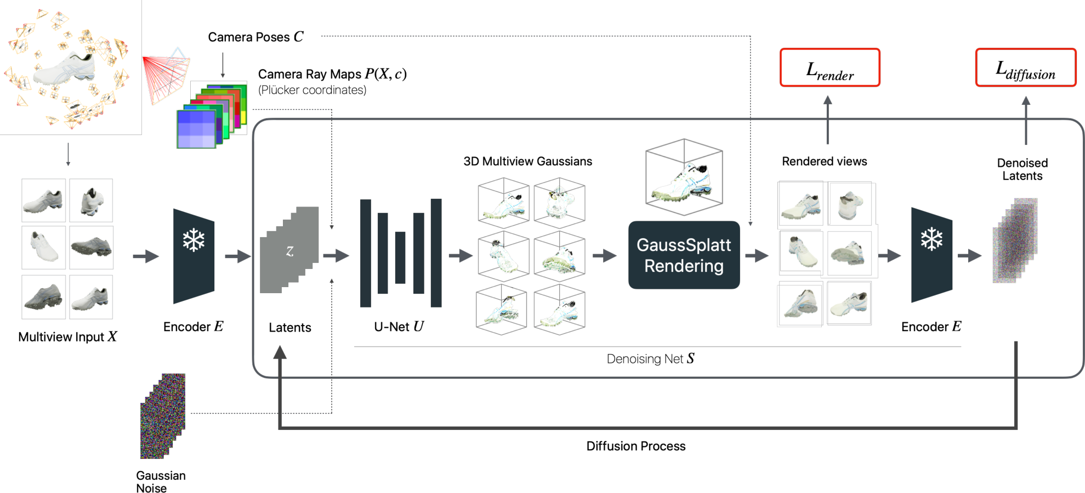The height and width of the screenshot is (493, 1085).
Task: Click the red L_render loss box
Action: pyautogui.click(x=830, y=68)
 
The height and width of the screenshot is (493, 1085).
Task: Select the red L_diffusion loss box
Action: pyautogui.click(x=1025, y=68)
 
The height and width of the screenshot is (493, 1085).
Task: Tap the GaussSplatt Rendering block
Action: pyautogui.click(x=684, y=255)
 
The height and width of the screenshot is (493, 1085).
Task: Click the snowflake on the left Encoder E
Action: pyautogui.click(x=194, y=240)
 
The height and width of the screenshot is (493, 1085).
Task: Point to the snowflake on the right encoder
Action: pyautogui.click(x=931, y=239)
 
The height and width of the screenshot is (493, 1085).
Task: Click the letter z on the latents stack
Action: pyautogui.click(x=289, y=251)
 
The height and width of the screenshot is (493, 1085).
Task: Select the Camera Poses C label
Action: pyautogui.click(x=255, y=37)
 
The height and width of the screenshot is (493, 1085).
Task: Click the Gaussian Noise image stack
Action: pyautogui.click(x=163, y=416)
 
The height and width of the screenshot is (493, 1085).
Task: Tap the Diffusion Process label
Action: pyautogui.click(x=635, y=446)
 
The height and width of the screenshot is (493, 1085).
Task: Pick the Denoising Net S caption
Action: pyautogui.click(x=650, y=358)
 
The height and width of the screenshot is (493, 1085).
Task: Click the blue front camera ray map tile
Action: pyautogui.click(x=196, y=129)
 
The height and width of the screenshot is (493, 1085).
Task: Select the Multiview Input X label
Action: pyautogui.click(x=67, y=337)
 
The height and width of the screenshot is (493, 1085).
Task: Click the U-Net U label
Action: pyautogui.click(x=399, y=327)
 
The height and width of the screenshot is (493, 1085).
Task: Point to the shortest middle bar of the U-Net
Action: pyautogui.click(x=400, y=257)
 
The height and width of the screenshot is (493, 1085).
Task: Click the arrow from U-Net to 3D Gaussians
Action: pyautogui.click(x=461, y=255)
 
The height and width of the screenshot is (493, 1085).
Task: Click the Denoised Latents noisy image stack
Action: pyautogui.click(x=1015, y=242)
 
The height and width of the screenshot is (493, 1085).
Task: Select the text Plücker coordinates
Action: pyautogui.click(x=312, y=90)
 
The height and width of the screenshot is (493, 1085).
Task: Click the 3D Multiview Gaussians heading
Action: pyautogui.click(x=527, y=161)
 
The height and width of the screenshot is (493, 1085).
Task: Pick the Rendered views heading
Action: pyautogui.click(x=824, y=161)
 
